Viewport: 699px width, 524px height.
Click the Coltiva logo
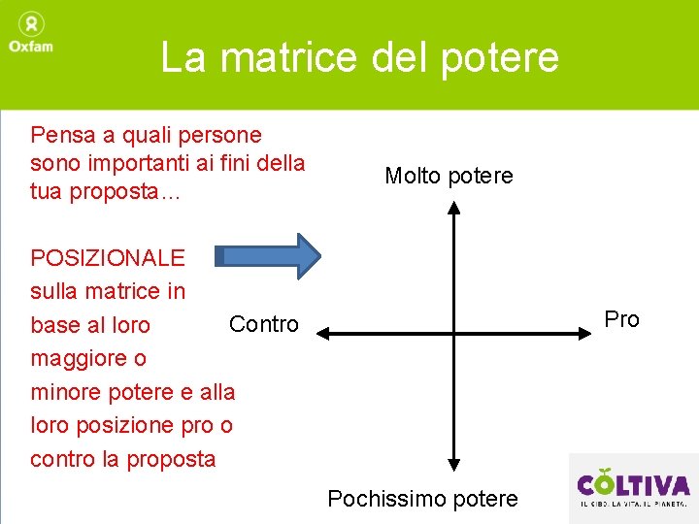click(633, 488)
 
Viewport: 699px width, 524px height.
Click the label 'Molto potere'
click(449, 176)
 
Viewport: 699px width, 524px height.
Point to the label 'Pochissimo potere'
click(422, 499)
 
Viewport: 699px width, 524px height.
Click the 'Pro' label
click(621, 319)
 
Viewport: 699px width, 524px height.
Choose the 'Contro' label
click(263, 324)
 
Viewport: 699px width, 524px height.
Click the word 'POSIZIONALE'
click(107, 257)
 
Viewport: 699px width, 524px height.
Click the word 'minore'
click(66, 392)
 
